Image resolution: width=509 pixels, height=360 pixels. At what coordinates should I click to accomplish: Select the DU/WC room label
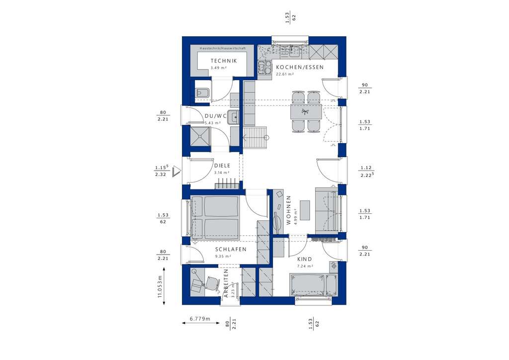click(x=216, y=116)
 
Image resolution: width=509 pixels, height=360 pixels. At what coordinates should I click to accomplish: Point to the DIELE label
click(x=221, y=166)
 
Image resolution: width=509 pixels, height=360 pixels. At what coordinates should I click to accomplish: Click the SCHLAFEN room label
click(x=231, y=250)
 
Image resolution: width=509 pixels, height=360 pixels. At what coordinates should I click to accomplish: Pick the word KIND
click(x=304, y=260)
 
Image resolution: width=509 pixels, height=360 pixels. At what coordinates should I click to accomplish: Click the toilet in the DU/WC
click(x=202, y=92)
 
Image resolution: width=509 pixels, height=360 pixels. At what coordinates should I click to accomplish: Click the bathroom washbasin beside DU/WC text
click(x=233, y=117)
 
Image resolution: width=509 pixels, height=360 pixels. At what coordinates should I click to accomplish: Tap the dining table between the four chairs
click(x=306, y=112)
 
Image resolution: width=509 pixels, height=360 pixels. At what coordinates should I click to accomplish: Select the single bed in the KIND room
click(x=308, y=285)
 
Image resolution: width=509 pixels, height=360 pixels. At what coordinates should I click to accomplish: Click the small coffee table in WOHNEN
click(x=305, y=210)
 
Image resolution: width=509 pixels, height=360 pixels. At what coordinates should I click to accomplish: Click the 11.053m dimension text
click(x=160, y=287)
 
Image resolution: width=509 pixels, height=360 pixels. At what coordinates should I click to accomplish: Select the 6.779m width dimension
click(x=200, y=318)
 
